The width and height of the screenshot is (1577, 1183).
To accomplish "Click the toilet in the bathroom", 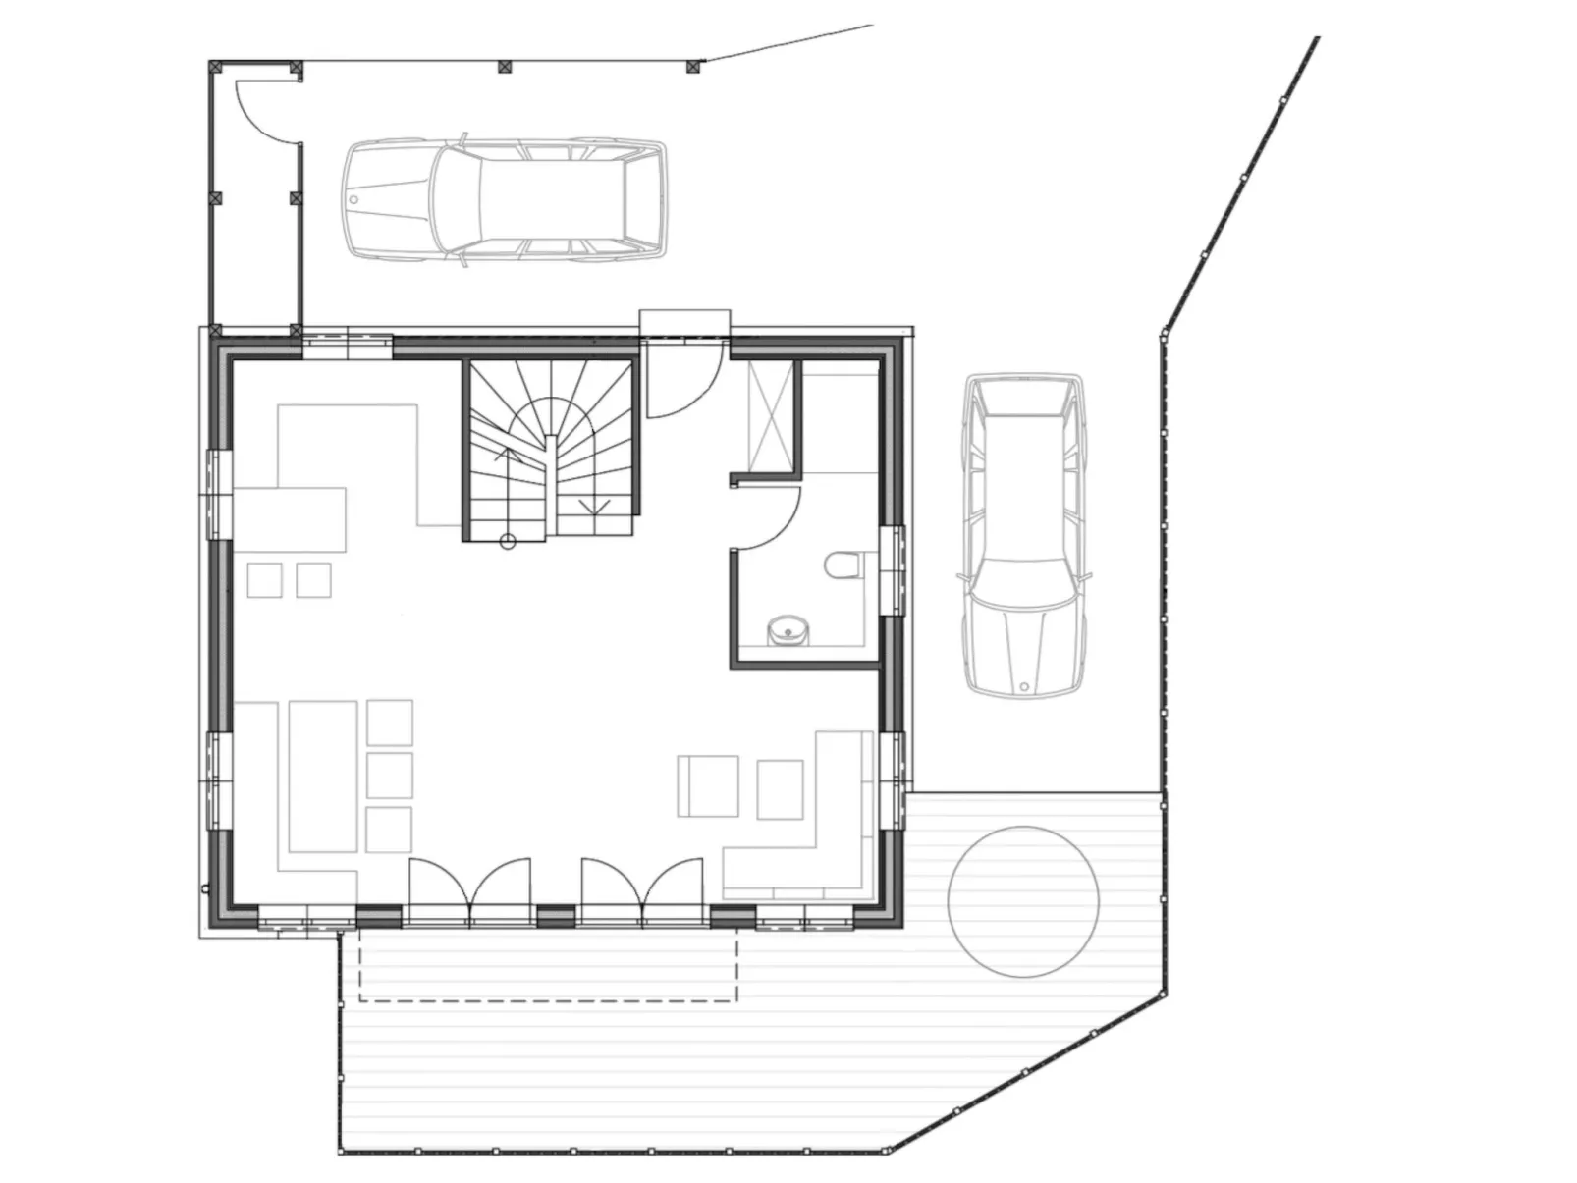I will coord(843,567).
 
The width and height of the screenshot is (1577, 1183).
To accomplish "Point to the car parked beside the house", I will coord(1024,535).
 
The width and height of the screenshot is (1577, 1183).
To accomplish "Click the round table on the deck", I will coord(1023,901).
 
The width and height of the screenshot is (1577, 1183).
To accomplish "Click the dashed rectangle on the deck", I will coord(548,966).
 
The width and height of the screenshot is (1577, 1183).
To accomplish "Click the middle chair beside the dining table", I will coord(389,776).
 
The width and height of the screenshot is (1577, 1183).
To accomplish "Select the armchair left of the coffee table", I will coord(708,786).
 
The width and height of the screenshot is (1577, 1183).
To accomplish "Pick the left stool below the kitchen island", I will coord(265,580).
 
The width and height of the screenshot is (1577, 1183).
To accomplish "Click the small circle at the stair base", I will coord(508,541).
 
